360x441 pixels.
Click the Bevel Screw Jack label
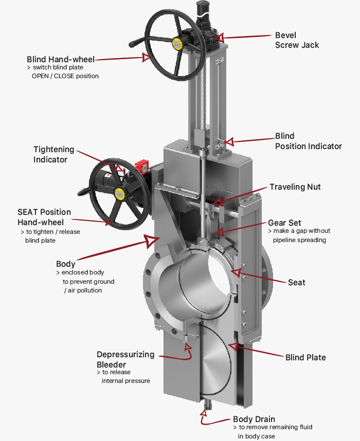(x=297, y=40)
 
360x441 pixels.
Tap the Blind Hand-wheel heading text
(x=61, y=60)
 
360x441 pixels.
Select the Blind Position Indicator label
(x=308, y=141)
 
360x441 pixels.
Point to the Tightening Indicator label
(x=53, y=154)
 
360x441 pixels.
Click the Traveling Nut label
(x=295, y=187)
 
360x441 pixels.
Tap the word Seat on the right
(x=297, y=282)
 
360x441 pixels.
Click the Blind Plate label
(x=305, y=357)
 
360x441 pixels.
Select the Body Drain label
(x=254, y=419)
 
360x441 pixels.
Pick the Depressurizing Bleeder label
(x=125, y=360)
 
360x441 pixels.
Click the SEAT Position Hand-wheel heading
(x=44, y=217)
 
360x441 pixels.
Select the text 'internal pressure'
(x=126, y=381)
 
